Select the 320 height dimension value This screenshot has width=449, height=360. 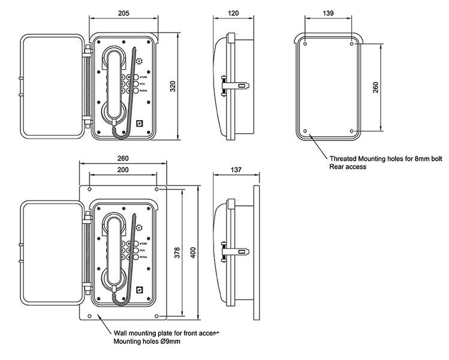174,86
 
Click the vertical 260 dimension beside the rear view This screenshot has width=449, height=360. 375,88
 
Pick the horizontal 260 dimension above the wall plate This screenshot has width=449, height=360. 123,158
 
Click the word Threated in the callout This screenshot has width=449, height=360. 345,160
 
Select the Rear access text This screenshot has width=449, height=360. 348,167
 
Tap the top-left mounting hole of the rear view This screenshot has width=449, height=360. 305,44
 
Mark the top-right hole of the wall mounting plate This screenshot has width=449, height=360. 156,189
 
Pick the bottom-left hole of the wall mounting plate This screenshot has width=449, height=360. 89,316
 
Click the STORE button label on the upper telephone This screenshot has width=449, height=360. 143,78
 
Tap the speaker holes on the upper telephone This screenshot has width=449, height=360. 138,62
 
